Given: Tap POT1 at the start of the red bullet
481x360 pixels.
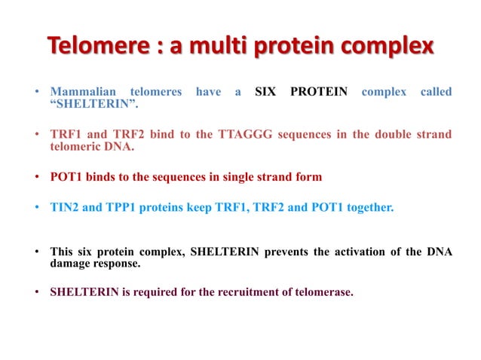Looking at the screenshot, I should pyautogui.click(x=67, y=177).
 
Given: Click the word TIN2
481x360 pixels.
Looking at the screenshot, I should pyautogui.click(x=66, y=206).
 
